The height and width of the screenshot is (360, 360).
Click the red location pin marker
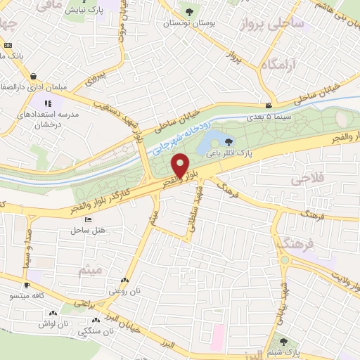pos(181,166)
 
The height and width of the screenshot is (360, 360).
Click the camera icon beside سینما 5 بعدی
pos(267,105)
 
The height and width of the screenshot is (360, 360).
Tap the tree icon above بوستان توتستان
pos(188,11)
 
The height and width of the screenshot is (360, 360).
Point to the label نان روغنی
pos(124,290)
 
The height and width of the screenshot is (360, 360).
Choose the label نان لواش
pos(53,321)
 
